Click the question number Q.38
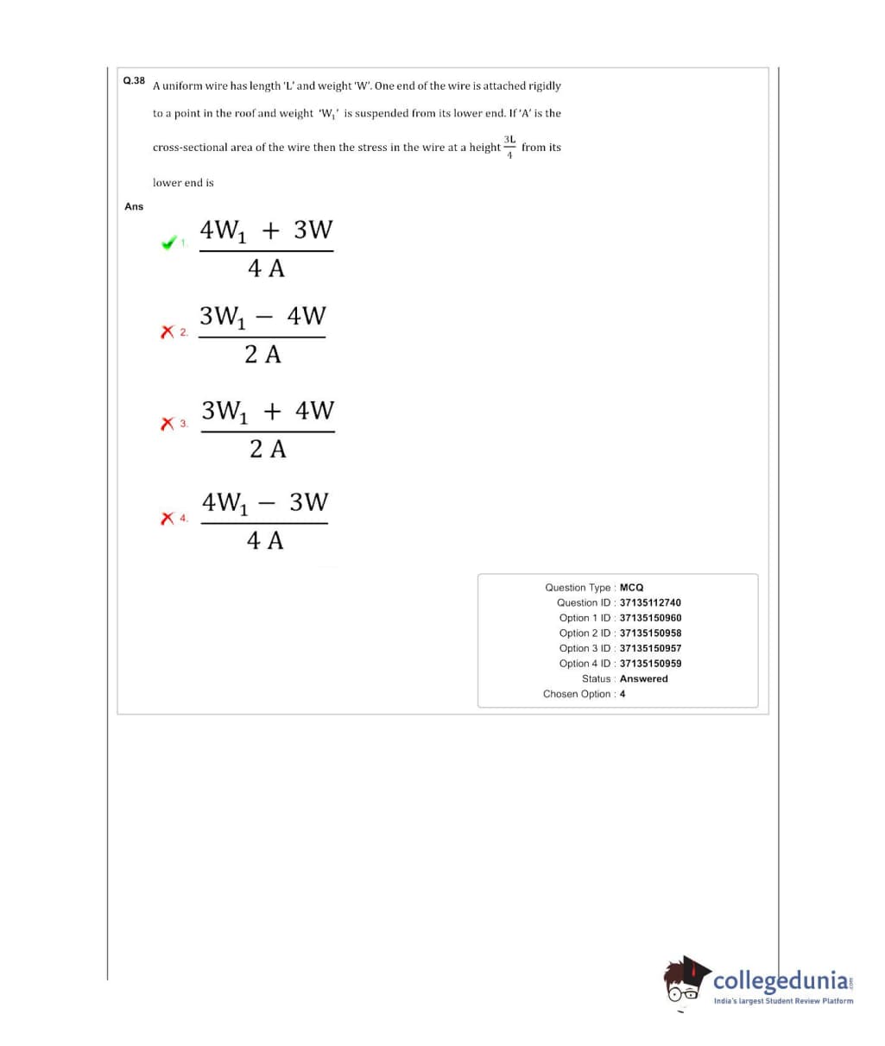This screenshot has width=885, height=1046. [134, 80]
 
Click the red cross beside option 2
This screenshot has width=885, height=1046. [168, 331]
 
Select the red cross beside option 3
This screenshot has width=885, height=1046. [168, 424]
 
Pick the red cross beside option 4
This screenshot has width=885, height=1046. [168, 517]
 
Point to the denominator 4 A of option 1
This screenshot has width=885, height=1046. [266, 268]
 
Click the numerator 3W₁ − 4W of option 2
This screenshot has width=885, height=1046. [262, 317]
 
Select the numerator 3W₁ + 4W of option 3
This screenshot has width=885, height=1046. [268, 411]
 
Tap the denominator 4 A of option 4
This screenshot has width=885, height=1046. [265, 540]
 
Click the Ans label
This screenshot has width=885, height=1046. [134, 206]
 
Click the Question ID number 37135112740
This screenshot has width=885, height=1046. [650, 602]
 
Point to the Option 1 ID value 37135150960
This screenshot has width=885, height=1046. [650, 618]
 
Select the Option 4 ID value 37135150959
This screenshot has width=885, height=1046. [650, 664]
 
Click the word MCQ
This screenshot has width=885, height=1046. [631, 587]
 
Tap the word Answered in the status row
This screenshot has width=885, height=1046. [643, 678]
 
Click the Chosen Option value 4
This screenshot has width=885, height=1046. [623, 694]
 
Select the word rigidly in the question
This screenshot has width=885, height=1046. [544, 85]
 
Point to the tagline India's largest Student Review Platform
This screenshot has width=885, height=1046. [783, 1001]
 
